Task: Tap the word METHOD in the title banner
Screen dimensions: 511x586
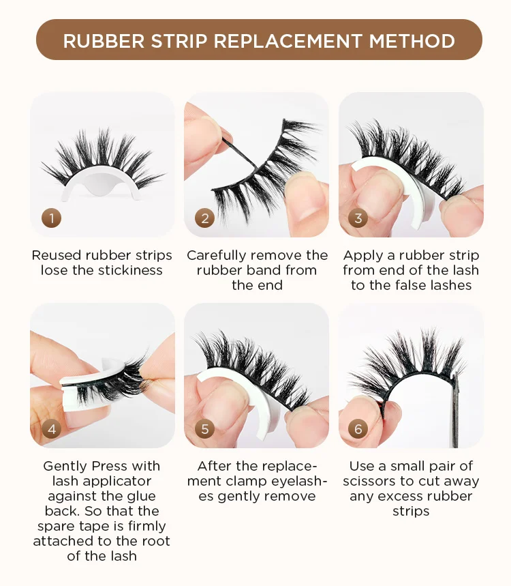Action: point(412,41)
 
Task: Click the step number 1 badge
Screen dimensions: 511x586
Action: point(52,218)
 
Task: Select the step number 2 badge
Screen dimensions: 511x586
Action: point(205,218)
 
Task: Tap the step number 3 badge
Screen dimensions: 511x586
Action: point(358,218)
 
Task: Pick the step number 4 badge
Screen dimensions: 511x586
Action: point(52,428)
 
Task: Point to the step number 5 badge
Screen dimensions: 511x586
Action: point(205,428)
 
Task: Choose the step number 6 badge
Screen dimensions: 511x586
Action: point(358,428)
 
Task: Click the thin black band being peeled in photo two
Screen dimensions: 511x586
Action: point(239,153)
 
